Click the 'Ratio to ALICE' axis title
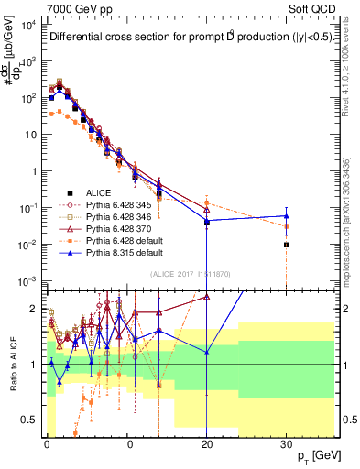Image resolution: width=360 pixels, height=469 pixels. [x=13, y=365]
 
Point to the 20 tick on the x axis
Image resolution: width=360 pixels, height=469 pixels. [x=207, y=445]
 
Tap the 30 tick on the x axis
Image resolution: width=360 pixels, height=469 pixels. [x=287, y=445]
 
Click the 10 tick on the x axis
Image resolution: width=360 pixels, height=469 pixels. [x=126, y=445]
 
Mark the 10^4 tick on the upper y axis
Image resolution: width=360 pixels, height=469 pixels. [x=29, y=25]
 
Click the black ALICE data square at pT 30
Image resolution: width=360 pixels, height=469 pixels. [x=287, y=245]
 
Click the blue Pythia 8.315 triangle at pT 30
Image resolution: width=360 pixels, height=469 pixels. [x=287, y=216]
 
